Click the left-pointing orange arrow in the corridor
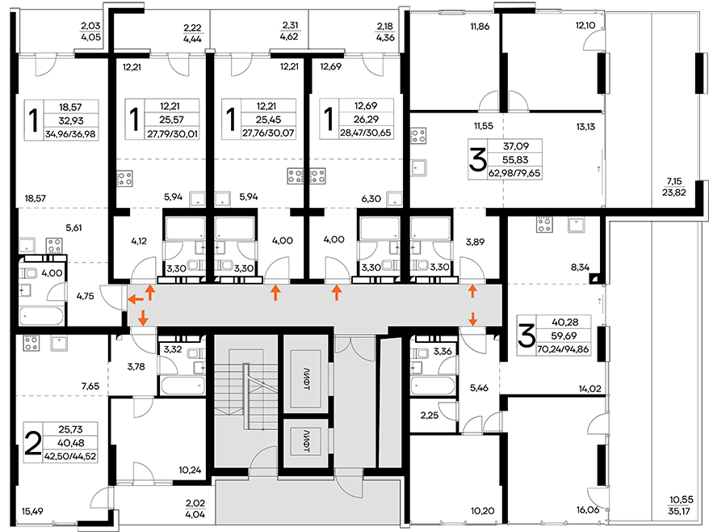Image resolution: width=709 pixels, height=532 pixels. (x=135, y=299)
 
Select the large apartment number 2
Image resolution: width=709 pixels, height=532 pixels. (x=32, y=443)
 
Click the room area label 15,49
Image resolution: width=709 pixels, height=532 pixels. (x=32, y=511)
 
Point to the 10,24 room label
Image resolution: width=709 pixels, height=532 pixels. (x=190, y=470)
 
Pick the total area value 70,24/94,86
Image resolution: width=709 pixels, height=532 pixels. (x=564, y=349)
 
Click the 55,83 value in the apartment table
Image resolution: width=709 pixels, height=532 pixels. (x=515, y=160)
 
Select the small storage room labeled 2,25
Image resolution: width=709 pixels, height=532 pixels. (x=429, y=416)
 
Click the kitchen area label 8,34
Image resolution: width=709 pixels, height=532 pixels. (x=580, y=267)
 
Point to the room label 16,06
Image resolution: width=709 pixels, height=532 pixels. (x=588, y=510)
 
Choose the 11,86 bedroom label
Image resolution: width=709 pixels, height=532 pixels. (x=480, y=26)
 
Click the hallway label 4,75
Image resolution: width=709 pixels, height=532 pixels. (x=85, y=296)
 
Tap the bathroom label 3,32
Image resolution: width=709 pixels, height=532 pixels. (x=173, y=348)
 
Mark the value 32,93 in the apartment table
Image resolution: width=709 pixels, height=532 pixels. (x=71, y=120)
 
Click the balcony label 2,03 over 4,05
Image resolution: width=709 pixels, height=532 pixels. (x=91, y=32)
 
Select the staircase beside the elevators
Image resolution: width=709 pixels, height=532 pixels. (x=244, y=401)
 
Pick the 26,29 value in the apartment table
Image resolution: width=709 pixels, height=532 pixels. (x=365, y=120)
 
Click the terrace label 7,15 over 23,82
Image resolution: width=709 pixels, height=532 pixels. (x=674, y=187)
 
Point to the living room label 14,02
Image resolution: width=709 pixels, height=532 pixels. (x=590, y=388)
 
